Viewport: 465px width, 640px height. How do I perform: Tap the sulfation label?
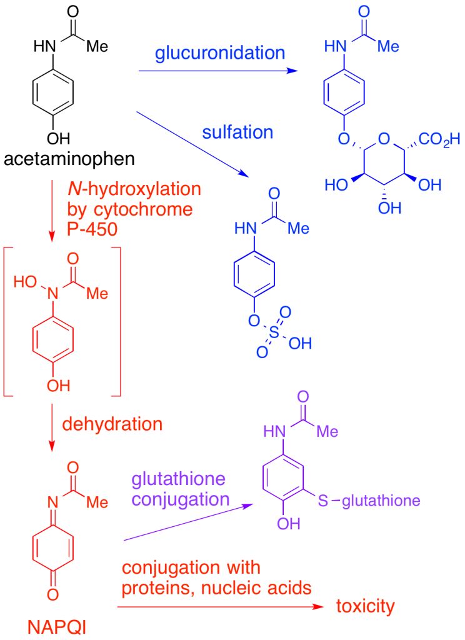(237, 132)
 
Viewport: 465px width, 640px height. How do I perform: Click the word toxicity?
(366, 606)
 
